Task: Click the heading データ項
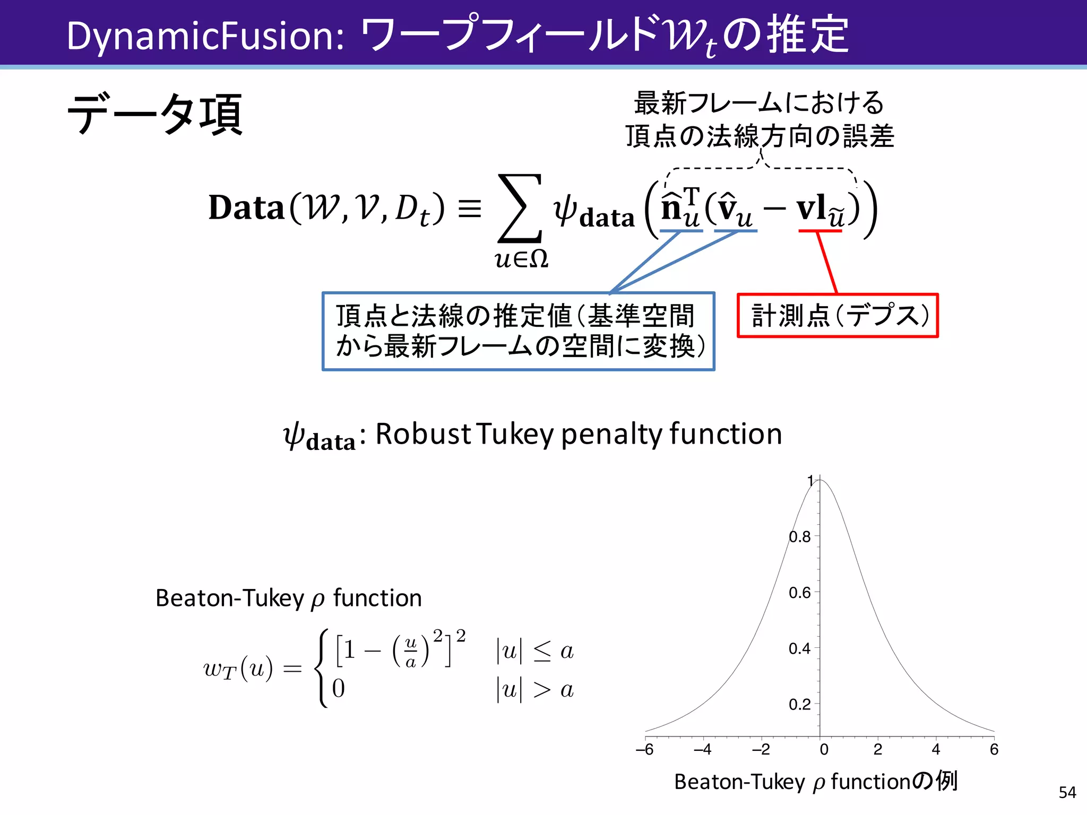click(x=154, y=114)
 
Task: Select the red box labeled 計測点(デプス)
click(x=838, y=316)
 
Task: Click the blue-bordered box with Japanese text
click(x=518, y=331)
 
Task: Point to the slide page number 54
click(x=1067, y=793)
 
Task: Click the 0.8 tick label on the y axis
click(x=799, y=537)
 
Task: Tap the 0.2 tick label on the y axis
click(x=799, y=705)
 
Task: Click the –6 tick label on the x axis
click(x=645, y=750)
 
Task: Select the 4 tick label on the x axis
click(x=936, y=750)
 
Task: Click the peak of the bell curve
click(x=821, y=480)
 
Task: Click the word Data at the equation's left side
click(x=246, y=207)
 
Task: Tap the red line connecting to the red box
click(x=827, y=263)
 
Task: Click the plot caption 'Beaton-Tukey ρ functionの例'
click(x=816, y=782)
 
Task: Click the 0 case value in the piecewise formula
click(x=339, y=689)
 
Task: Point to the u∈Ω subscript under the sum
click(x=521, y=259)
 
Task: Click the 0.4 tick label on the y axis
click(x=799, y=648)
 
